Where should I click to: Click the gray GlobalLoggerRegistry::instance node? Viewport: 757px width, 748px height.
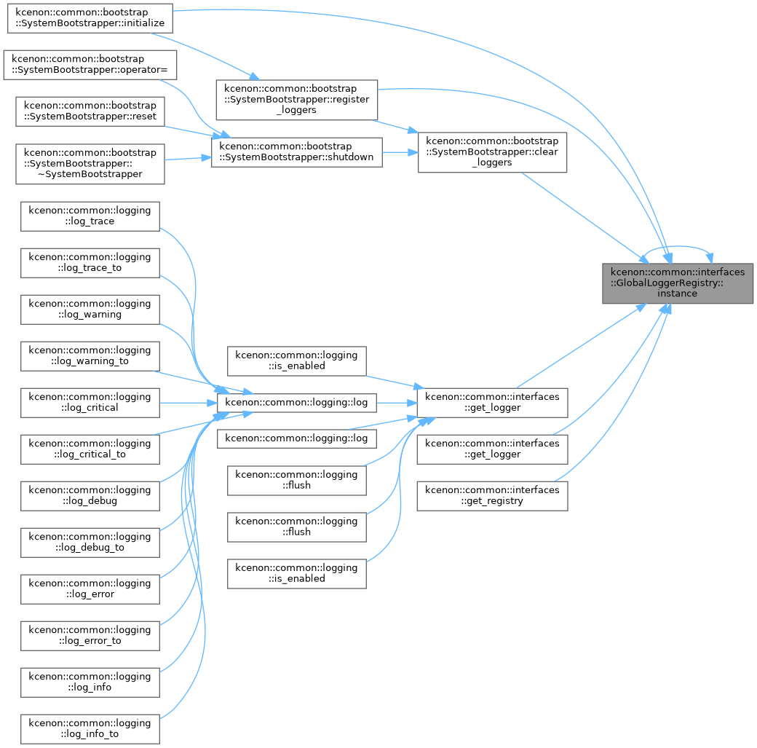(678, 283)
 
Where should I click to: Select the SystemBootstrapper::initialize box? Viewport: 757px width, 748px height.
(90, 18)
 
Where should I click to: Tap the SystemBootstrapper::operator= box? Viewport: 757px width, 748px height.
(90, 65)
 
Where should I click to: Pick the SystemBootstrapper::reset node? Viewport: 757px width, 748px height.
(90, 111)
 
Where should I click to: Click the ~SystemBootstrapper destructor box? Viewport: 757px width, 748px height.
(90, 164)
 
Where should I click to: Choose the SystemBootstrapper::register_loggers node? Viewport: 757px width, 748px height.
(297, 100)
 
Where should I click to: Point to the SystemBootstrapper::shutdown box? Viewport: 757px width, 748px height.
(297, 153)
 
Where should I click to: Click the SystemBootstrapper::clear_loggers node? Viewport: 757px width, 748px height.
(492, 152)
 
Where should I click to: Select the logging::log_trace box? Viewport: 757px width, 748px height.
(90, 216)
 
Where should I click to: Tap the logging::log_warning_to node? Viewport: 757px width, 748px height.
(90, 356)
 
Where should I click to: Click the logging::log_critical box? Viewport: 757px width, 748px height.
(90, 403)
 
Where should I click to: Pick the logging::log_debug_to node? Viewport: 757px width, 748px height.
(90, 543)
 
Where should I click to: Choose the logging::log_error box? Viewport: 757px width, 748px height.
(90, 589)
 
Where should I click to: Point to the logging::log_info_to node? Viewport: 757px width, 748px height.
(90, 729)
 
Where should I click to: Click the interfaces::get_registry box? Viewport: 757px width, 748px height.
(492, 496)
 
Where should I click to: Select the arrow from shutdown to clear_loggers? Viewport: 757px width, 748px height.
(400, 153)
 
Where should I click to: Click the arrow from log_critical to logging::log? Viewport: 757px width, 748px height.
(189, 403)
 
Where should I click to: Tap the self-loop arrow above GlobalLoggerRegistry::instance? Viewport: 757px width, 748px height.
(678, 246)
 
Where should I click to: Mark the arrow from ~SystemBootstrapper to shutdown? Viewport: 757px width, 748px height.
(188, 159)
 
